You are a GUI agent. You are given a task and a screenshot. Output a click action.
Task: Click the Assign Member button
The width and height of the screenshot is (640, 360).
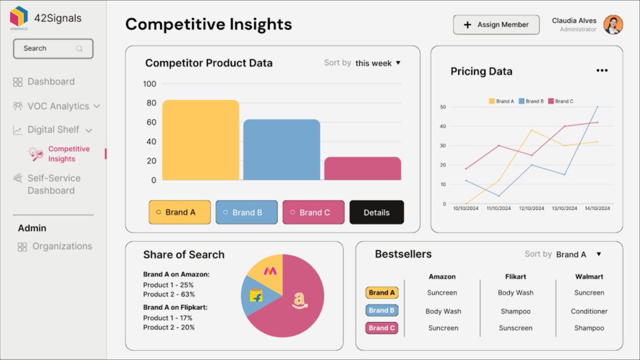[496, 25]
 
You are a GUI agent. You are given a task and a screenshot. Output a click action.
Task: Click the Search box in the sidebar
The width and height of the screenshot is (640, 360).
[53, 49]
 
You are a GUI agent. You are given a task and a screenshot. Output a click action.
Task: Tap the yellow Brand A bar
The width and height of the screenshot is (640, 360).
[201, 140]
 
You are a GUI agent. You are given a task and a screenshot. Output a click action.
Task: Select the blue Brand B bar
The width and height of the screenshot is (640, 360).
[281, 150]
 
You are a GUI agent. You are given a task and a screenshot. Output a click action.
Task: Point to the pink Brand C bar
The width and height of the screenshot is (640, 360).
[362, 168]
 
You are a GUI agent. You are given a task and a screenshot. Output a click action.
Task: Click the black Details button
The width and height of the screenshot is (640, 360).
[376, 212]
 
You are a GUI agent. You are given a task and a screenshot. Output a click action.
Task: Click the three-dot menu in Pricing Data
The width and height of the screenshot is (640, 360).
[602, 71]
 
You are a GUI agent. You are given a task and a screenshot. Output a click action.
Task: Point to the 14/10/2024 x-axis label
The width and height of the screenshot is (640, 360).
[597, 208]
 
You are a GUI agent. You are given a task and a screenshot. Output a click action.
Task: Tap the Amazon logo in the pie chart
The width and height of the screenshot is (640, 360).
[300, 301]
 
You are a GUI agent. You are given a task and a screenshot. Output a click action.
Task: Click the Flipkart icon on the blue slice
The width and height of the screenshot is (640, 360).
[256, 296]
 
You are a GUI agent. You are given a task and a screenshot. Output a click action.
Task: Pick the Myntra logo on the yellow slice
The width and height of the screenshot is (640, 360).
[270, 271]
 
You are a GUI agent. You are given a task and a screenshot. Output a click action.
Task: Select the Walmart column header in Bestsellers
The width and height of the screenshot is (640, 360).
[589, 276]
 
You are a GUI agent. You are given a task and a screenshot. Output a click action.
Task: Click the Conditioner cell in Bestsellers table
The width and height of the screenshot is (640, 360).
[589, 311]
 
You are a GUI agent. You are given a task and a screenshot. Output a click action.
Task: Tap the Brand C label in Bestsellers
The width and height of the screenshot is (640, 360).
[381, 327]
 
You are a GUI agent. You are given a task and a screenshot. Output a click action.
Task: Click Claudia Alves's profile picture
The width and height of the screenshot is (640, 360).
[613, 25]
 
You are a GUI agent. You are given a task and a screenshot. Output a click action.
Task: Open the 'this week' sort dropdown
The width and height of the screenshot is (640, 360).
[377, 63]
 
